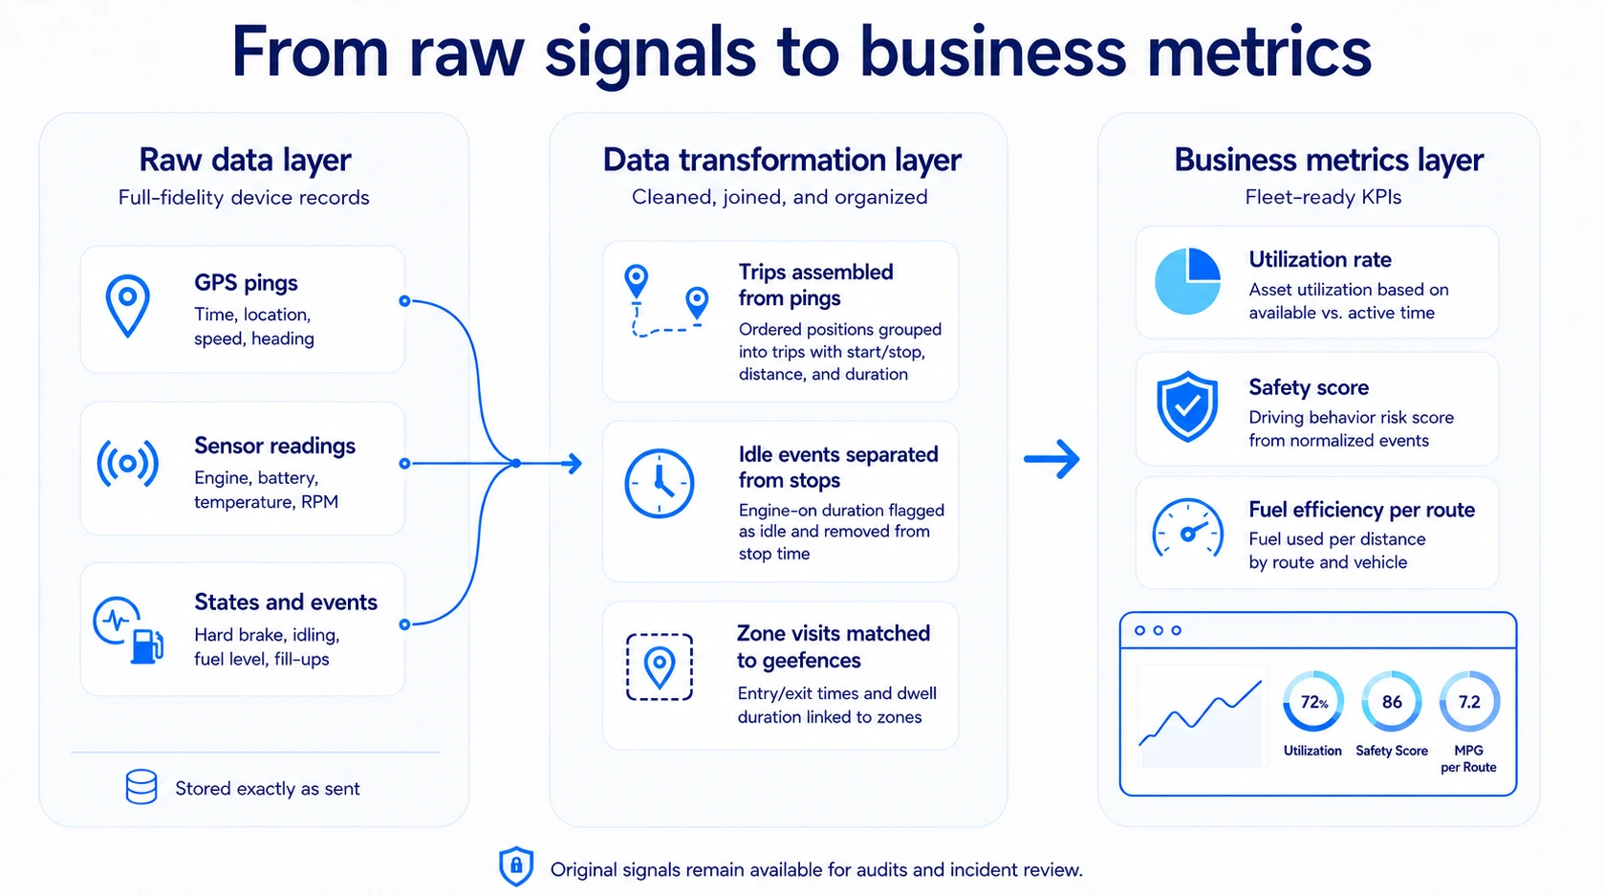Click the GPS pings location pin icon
click(127, 305)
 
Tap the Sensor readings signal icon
click(127, 464)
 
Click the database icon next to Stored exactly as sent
click(141, 787)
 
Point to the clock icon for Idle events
click(659, 484)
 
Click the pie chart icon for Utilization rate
click(1187, 281)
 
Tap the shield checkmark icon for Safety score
click(1187, 406)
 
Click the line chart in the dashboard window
click(1201, 713)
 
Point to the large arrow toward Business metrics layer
click(1051, 458)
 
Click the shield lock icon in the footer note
click(515, 866)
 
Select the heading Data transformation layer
click(781, 159)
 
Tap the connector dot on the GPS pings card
click(404, 301)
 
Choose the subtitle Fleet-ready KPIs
click(1323, 197)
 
